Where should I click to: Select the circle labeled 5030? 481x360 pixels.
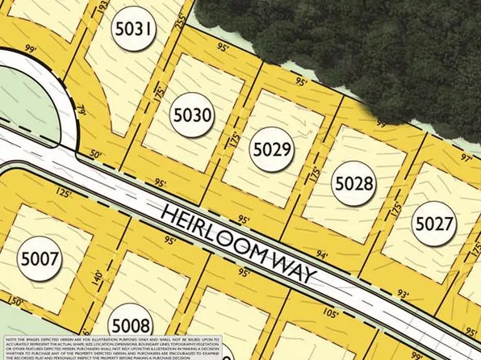[x=192, y=115]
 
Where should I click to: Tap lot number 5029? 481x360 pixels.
[x=272, y=149]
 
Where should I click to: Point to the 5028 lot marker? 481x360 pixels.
[x=353, y=184]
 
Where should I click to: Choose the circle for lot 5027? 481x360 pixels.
[x=433, y=223]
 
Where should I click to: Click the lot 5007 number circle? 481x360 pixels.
[x=40, y=259]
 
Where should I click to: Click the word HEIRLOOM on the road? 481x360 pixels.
[x=214, y=234]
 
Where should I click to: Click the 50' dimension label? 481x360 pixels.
[x=96, y=153]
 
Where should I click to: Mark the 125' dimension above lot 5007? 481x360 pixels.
[x=65, y=194]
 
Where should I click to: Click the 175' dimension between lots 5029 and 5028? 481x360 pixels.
[x=314, y=173]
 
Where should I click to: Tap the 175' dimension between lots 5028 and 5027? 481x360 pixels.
[x=395, y=208]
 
